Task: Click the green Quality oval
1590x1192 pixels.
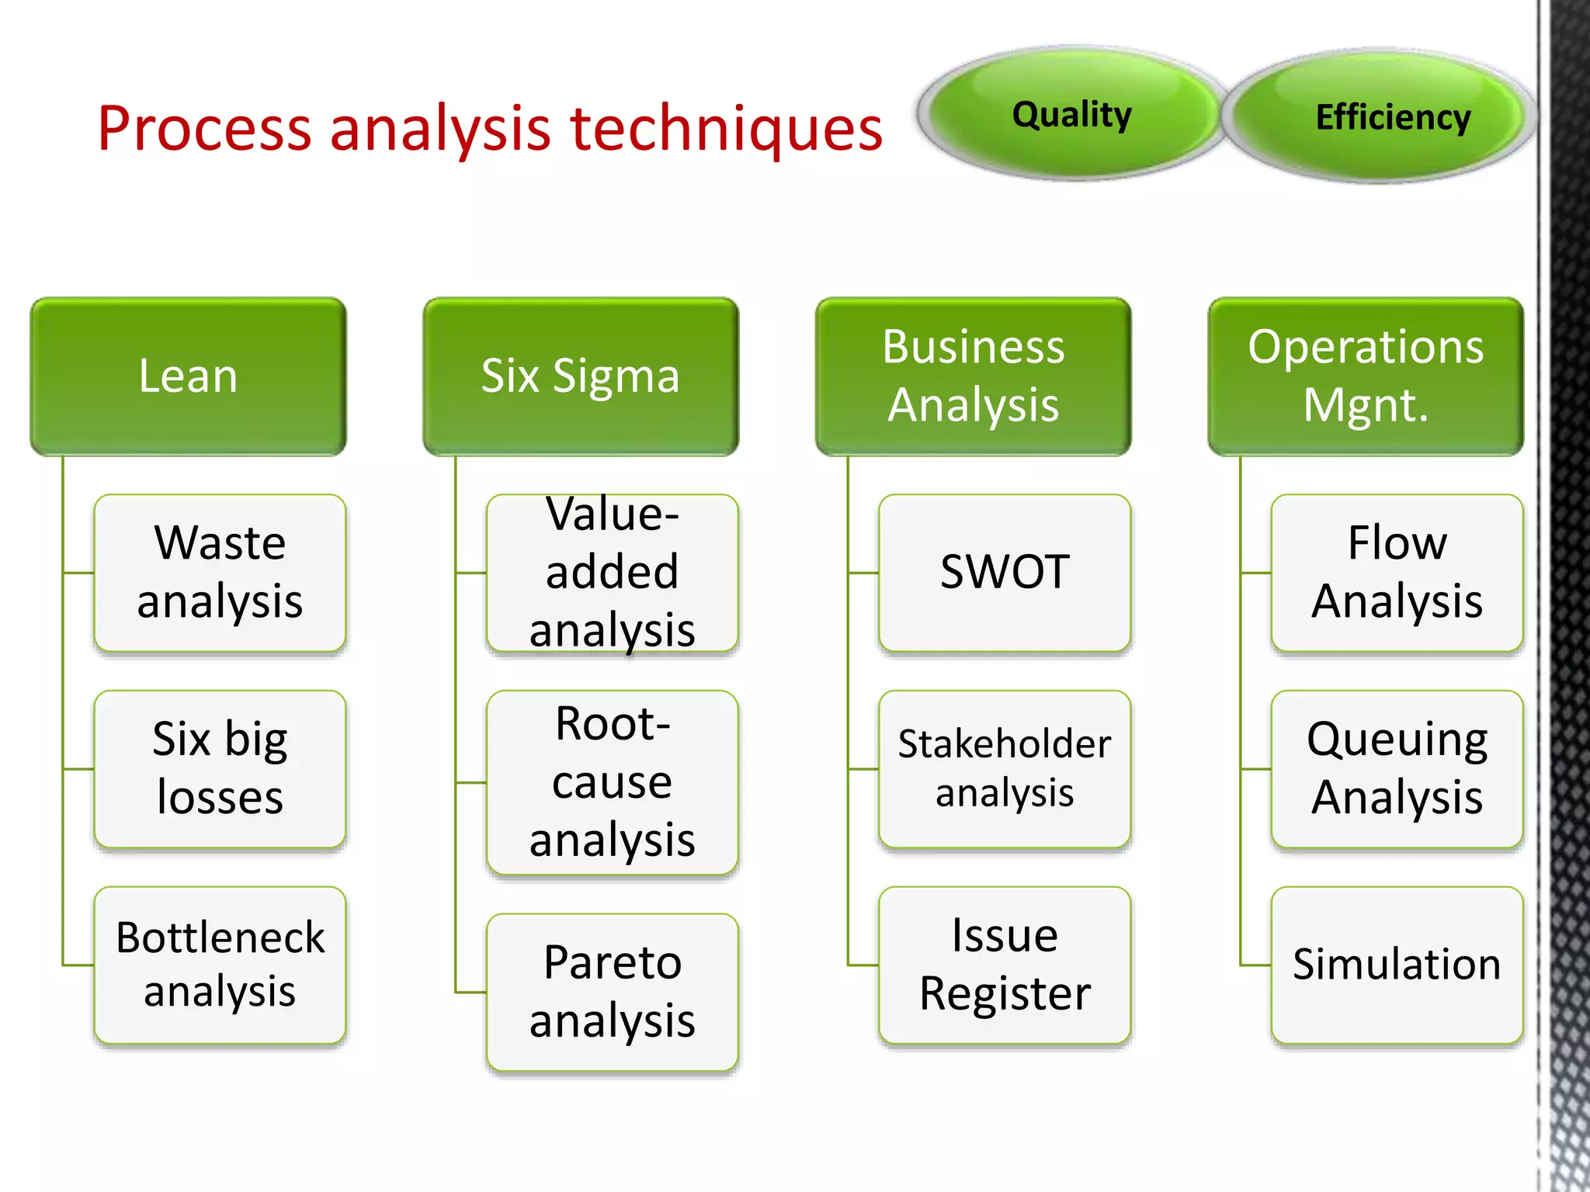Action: (1071, 114)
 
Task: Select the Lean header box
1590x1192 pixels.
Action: (188, 376)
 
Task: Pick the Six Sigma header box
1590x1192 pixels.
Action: (581, 376)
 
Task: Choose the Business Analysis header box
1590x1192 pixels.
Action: (973, 376)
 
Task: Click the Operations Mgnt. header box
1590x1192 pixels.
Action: (1366, 376)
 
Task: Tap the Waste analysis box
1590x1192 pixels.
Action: (220, 573)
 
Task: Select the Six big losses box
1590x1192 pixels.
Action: (220, 768)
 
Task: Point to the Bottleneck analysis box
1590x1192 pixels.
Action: (220, 965)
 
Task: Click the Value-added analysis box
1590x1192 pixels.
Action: (612, 573)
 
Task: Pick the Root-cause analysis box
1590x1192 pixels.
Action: (612, 782)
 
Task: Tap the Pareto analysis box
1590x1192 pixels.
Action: (612, 992)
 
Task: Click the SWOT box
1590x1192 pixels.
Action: (1005, 573)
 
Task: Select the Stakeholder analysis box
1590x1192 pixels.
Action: (1005, 768)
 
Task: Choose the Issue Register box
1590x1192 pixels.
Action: (1005, 965)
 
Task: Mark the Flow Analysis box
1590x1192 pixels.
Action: (1397, 573)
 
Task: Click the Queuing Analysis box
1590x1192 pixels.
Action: (1397, 768)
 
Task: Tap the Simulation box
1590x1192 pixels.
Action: (1397, 965)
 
